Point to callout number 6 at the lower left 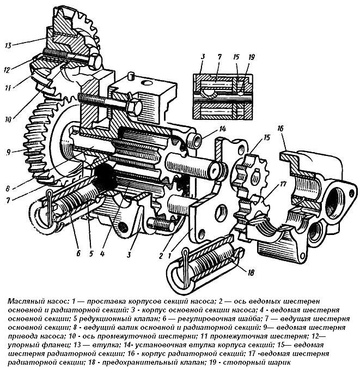point(78,254)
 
